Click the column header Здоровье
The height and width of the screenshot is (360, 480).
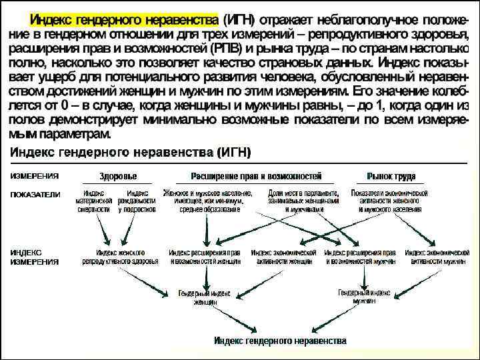click(118, 177)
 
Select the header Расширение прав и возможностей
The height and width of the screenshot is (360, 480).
click(256, 177)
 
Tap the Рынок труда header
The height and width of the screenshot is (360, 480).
click(391, 177)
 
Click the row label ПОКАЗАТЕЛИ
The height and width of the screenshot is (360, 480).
click(35, 195)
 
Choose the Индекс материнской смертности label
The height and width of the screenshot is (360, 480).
click(93, 201)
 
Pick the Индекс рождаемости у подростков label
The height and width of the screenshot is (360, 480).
click(137, 201)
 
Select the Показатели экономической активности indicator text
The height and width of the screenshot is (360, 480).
click(389, 201)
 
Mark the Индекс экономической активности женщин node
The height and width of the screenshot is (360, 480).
click(283, 257)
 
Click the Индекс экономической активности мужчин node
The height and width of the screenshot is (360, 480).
click(436, 257)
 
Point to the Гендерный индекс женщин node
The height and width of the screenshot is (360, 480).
click(205, 297)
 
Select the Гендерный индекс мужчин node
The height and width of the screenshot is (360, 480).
click(364, 297)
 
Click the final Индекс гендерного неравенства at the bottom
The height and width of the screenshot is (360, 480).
click(280, 341)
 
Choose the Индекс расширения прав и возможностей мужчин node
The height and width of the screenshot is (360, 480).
click(361, 257)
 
